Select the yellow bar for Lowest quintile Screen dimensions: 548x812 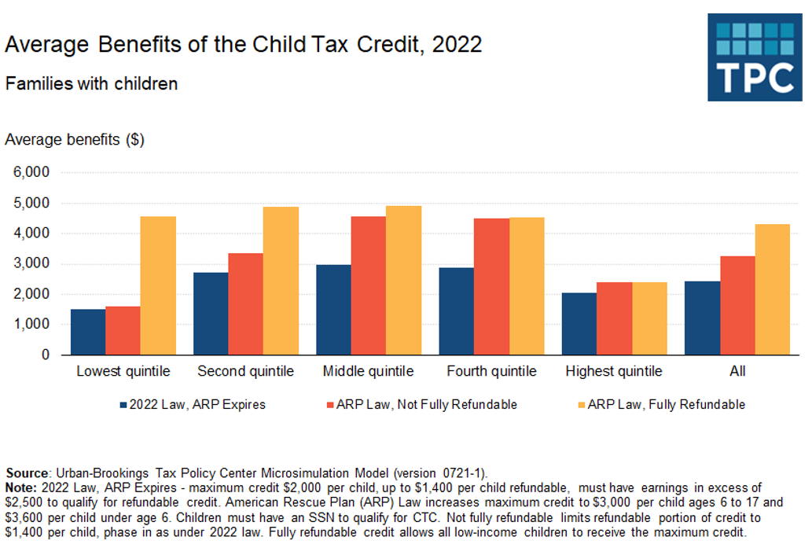pyautogui.click(x=159, y=285)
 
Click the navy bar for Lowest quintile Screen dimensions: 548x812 pyautogui.click(x=88, y=332)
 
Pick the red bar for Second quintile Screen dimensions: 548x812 pyautogui.click(x=245, y=303)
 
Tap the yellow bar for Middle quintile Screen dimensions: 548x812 pyautogui.click(x=403, y=280)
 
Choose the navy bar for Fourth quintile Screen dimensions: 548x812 pyautogui.click(x=456, y=311)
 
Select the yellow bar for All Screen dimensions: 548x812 pyautogui.click(x=772, y=289)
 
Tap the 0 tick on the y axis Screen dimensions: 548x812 pyautogui.click(x=46, y=355)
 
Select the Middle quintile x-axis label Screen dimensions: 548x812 pyautogui.click(x=368, y=371)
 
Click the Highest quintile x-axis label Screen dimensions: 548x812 pyautogui.click(x=614, y=371)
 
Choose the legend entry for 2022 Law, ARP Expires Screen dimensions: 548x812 pyautogui.click(x=193, y=405)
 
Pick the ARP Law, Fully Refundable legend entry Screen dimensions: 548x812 pyautogui.click(x=660, y=405)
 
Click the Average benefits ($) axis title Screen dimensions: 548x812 pyautogui.click(x=75, y=140)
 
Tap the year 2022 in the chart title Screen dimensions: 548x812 pyautogui.click(x=456, y=44)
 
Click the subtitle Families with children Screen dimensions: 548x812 pyautogui.click(x=91, y=83)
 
